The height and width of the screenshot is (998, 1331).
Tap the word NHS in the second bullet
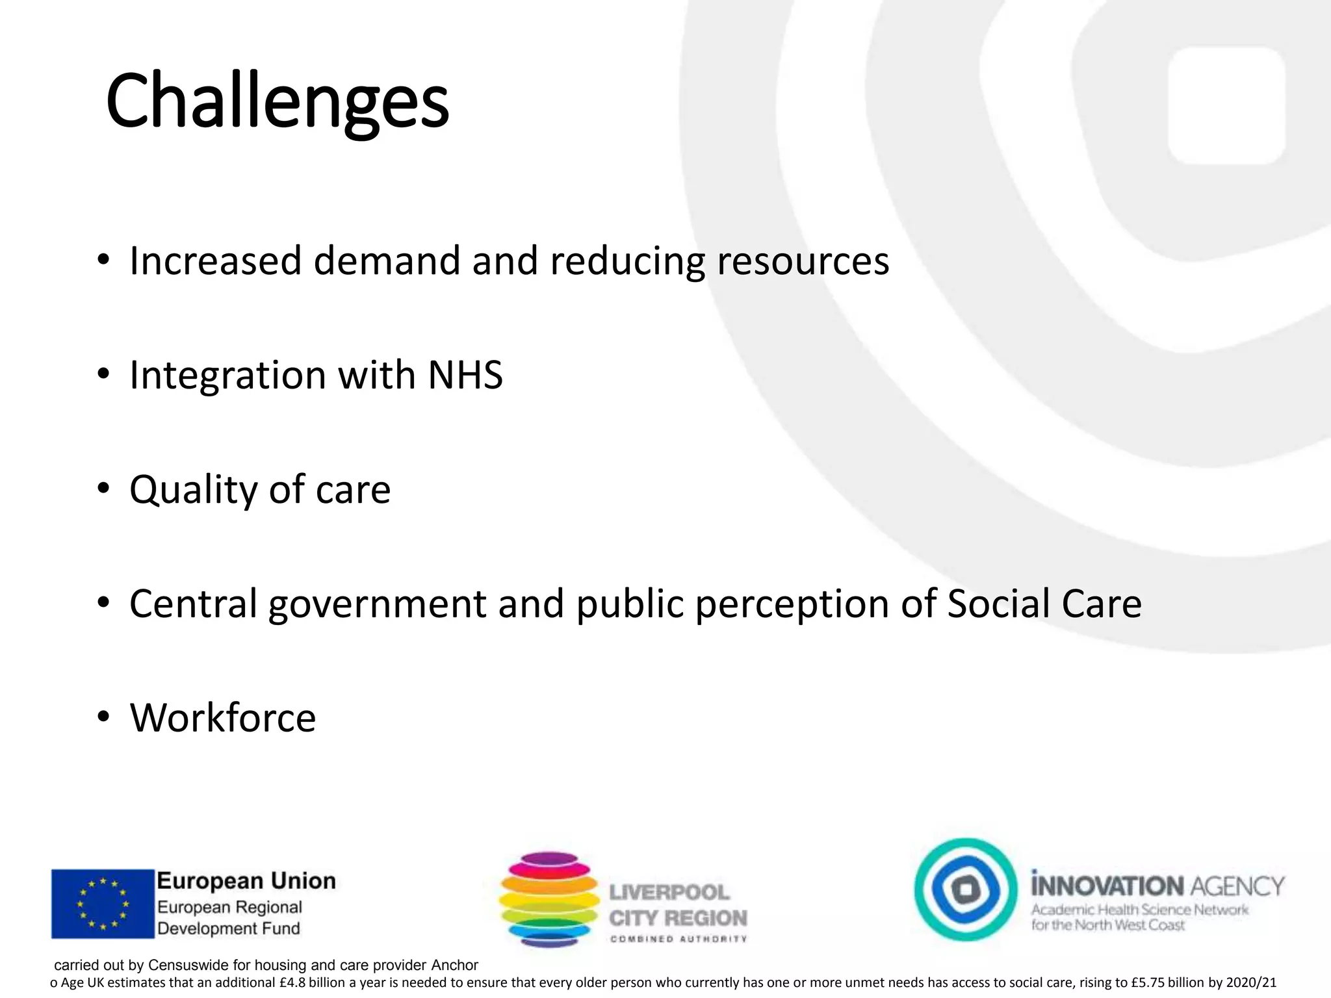click(465, 376)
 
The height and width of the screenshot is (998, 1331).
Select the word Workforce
click(223, 718)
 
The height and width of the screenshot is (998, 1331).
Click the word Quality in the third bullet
click(193, 489)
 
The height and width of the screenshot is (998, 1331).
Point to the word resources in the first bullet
click(803, 261)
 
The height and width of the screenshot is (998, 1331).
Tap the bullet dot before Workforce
click(103, 717)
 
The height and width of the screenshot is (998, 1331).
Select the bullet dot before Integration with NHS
click(103, 375)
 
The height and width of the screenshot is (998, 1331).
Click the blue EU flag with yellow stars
click(103, 904)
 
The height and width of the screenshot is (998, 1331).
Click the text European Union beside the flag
click(246, 881)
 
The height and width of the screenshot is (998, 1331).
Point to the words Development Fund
click(229, 928)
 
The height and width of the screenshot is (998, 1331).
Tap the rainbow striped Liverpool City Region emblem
click(549, 899)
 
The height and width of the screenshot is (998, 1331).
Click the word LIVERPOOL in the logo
click(669, 892)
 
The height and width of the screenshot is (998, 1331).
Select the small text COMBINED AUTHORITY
click(678, 939)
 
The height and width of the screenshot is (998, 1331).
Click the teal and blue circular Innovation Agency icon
click(966, 889)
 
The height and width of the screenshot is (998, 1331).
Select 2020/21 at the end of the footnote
click(1252, 983)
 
